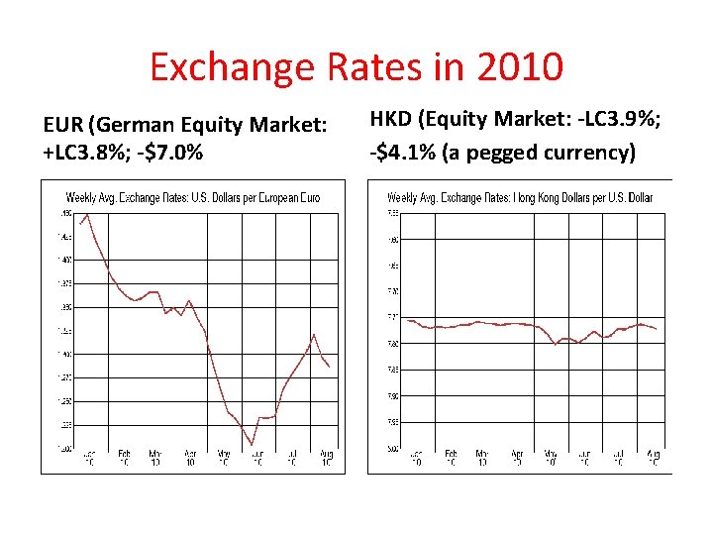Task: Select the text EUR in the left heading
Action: [x=63, y=125]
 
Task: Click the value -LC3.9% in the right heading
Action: [x=620, y=120]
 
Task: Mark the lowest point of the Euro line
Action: [x=253, y=445]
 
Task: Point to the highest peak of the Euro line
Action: [x=87, y=214]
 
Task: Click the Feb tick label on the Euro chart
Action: [x=124, y=458]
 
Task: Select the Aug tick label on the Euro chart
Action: [x=327, y=458]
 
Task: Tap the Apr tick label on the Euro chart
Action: [x=190, y=458]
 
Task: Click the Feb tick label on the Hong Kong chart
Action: [x=451, y=458]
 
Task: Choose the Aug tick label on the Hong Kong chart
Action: [x=652, y=458]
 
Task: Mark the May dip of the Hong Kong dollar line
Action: [x=556, y=344]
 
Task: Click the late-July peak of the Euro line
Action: [x=314, y=335]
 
